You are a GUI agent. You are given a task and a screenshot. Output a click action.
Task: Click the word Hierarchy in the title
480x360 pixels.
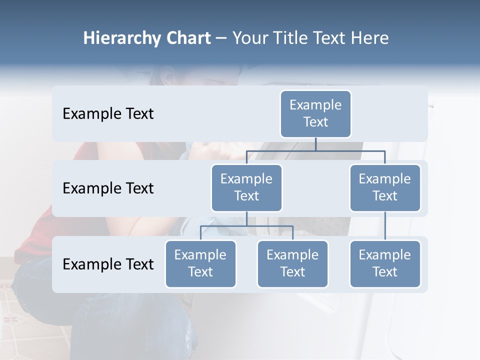click(121, 38)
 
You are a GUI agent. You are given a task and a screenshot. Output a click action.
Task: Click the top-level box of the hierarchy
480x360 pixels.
click(315, 114)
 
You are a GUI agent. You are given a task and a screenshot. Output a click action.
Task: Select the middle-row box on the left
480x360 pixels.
click(246, 188)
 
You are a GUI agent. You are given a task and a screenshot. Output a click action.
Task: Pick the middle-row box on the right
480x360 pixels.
click(385, 188)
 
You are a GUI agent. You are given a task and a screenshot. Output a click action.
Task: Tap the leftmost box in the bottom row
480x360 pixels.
click(200, 264)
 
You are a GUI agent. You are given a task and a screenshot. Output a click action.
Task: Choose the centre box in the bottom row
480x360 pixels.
click(292, 264)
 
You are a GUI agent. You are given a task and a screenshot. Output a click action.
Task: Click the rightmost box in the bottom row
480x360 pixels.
click(385, 264)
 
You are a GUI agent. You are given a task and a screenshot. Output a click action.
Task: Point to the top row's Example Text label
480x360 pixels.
click(108, 114)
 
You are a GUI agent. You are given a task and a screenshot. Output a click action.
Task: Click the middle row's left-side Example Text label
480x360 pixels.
click(108, 188)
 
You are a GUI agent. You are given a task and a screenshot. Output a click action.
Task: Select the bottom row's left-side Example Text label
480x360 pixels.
click(108, 264)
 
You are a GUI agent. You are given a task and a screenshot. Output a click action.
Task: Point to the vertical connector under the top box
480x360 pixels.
click(315, 144)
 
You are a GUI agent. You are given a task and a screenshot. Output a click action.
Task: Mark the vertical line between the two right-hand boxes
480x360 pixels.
click(385, 226)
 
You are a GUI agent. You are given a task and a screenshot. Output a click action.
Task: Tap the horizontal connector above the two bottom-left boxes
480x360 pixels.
click(246, 226)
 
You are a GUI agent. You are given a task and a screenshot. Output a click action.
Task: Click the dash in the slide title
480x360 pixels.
click(221, 38)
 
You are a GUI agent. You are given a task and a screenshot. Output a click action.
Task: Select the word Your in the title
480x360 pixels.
click(249, 38)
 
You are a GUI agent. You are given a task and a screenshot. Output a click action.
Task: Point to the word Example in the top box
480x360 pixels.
click(315, 105)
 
